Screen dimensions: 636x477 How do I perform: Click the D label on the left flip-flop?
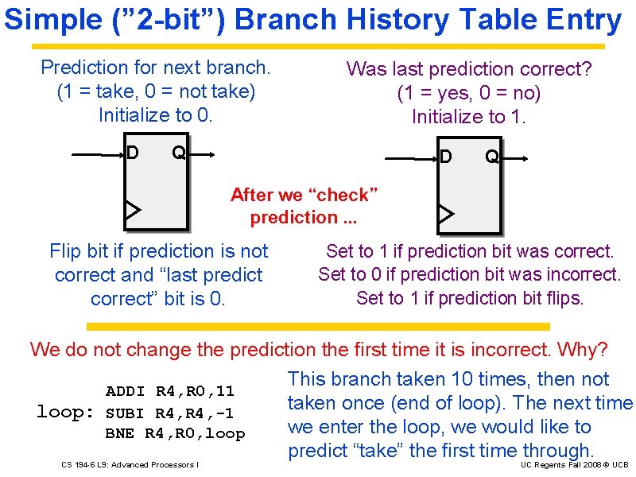click(133, 151)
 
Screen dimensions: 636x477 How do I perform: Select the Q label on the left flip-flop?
click(179, 151)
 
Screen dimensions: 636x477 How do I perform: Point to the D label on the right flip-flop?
click(446, 157)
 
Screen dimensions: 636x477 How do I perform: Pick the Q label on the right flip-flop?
click(492, 157)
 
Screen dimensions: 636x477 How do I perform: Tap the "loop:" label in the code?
click(66, 412)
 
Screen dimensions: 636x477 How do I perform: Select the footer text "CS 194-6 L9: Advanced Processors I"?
click(130, 464)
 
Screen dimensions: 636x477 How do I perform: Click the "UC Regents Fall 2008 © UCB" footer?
click(575, 464)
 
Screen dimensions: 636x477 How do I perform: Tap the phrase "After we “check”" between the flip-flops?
click(304, 195)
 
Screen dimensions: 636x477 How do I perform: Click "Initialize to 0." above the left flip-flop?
click(156, 115)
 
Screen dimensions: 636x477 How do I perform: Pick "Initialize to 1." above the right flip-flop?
click(469, 118)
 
